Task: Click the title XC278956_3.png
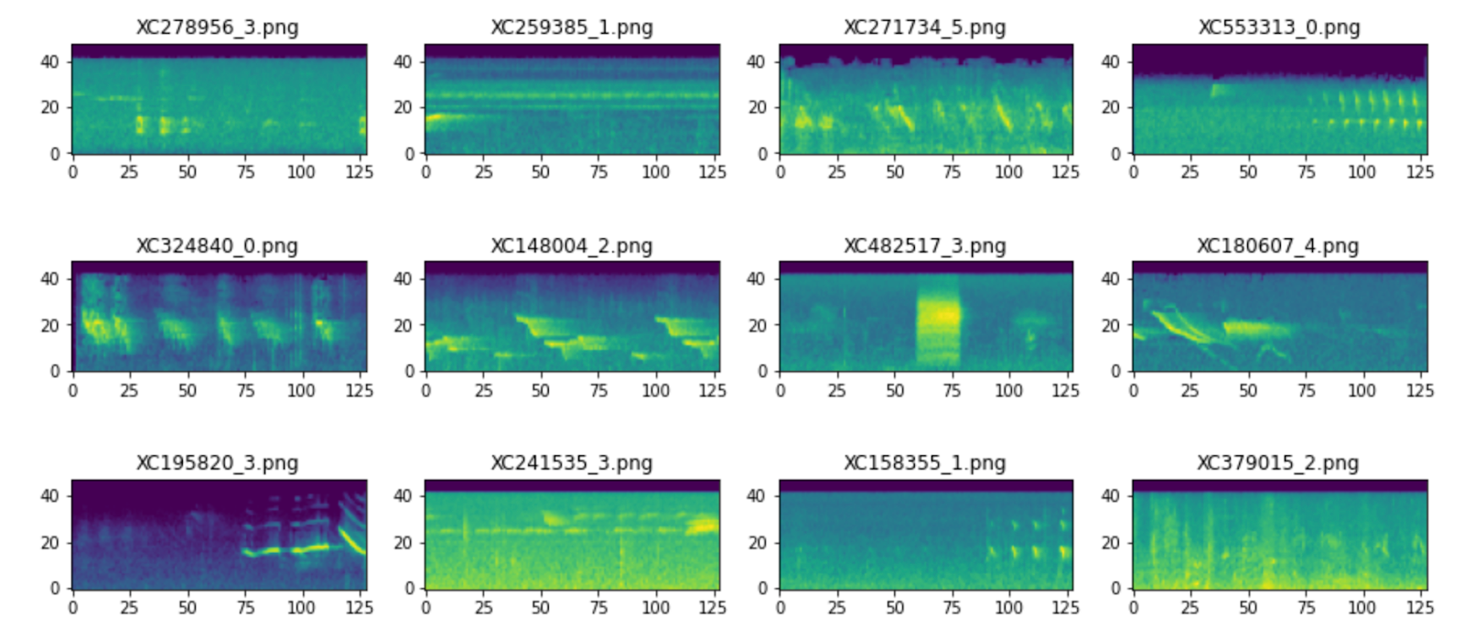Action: (x=217, y=27)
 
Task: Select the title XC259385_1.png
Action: (x=572, y=27)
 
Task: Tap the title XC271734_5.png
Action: (x=924, y=27)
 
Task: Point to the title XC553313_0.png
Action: (x=1279, y=27)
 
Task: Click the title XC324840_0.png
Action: (x=217, y=245)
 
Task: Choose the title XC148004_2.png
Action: (x=572, y=245)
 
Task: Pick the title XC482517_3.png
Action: (x=924, y=245)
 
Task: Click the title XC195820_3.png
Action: (x=217, y=462)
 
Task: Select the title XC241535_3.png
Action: (x=572, y=462)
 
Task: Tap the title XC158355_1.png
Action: (x=924, y=462)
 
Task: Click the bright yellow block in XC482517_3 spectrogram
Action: (x=939, y=317)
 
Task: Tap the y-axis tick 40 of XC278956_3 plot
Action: (x=49, y=61)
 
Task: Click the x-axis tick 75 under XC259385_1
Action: (x=598, y=172)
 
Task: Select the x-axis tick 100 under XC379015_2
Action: (x=1362, y=607)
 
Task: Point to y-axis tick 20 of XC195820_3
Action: (x=49, y=542)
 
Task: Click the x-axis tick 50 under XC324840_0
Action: (x=187, y=390)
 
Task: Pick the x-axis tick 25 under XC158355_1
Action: (x=836, y=607)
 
